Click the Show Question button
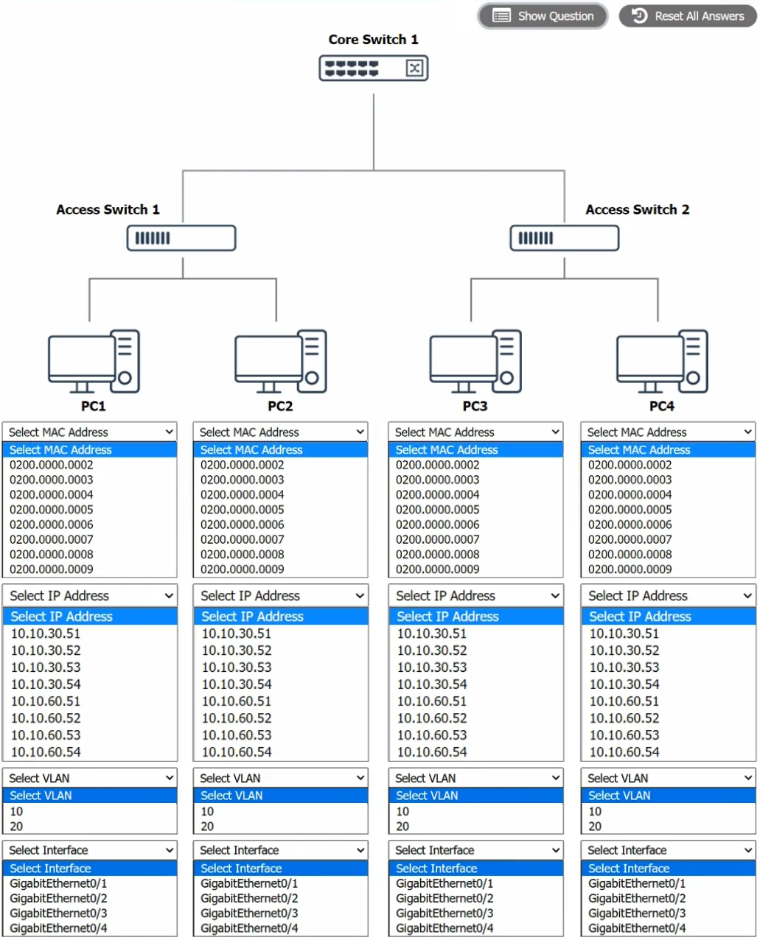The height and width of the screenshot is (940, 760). coord(543,16)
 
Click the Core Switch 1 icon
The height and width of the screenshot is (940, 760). coord(374,68)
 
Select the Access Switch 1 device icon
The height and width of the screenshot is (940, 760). coord(181,238)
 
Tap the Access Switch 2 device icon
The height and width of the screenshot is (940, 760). coord(565,238)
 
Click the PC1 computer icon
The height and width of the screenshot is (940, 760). coord(94,362)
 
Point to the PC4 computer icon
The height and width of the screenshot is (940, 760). coord(662,362)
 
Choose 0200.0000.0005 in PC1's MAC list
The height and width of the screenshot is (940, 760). coord(51,510)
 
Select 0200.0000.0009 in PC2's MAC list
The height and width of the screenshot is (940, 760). coord(242,569)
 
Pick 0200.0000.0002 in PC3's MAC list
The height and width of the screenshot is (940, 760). coord(437,465)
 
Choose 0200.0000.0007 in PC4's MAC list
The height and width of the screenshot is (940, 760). coord(630,540)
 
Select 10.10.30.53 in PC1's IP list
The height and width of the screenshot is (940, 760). coord(46,667)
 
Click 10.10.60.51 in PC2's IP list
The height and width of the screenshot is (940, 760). coord(237,701)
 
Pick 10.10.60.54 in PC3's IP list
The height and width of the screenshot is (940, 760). coord(432,752)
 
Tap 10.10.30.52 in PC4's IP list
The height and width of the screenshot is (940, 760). coord(624,650)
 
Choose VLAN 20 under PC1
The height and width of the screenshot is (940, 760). coord(16,826)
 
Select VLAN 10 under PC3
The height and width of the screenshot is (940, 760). coord(402,811)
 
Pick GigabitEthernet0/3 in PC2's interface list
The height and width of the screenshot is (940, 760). coord(249,913)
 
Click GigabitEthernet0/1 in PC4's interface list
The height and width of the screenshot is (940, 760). coord(637,883)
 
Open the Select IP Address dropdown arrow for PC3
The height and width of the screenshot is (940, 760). coord(555,596)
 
